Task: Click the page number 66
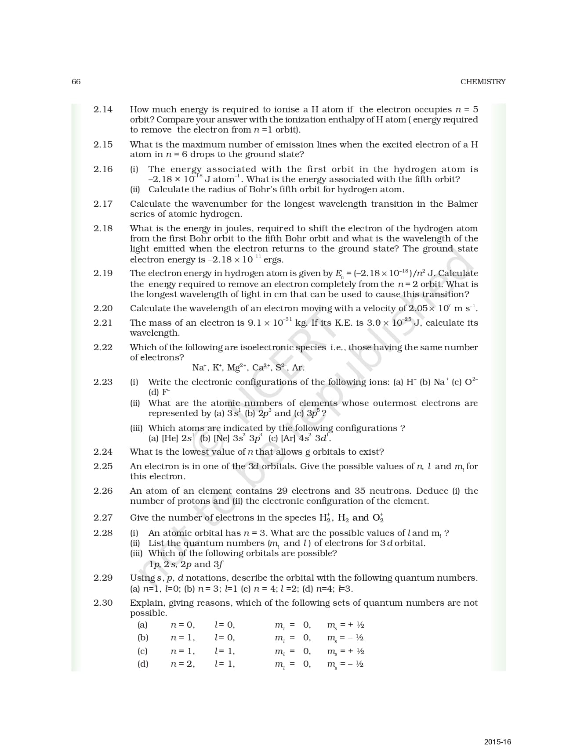76,82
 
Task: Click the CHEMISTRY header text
483,82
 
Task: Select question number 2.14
103,109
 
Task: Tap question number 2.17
103,204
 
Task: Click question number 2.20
103,308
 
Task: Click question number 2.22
103,347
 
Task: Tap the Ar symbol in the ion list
298,368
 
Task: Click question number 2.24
103,452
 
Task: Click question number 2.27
103,517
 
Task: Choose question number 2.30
103,603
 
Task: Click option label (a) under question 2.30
142,625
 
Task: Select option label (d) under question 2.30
142,664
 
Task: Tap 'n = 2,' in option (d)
182,664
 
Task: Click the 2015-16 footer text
497,742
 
